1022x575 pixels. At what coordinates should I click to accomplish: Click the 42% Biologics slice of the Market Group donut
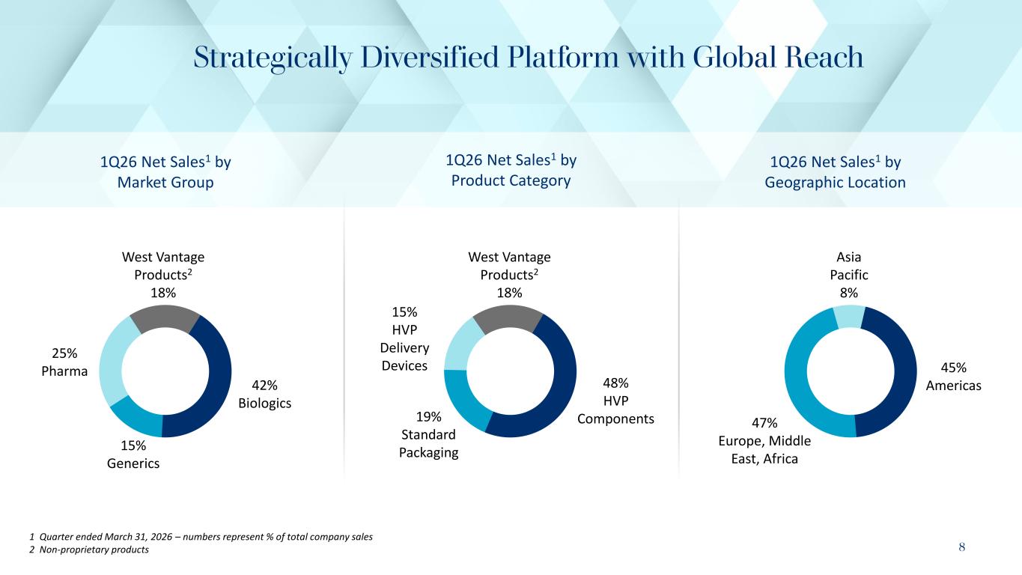point(217,382)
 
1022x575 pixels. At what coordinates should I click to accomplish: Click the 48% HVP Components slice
point(560,386)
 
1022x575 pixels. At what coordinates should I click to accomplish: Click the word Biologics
point(264,403)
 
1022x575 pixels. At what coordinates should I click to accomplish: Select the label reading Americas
point(953,385)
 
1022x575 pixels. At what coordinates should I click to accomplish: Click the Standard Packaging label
point(429,444)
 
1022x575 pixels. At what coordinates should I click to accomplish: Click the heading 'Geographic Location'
point(836,182)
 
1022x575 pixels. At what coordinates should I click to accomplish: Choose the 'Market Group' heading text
point(165,182)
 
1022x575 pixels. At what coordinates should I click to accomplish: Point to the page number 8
point(961,547)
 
